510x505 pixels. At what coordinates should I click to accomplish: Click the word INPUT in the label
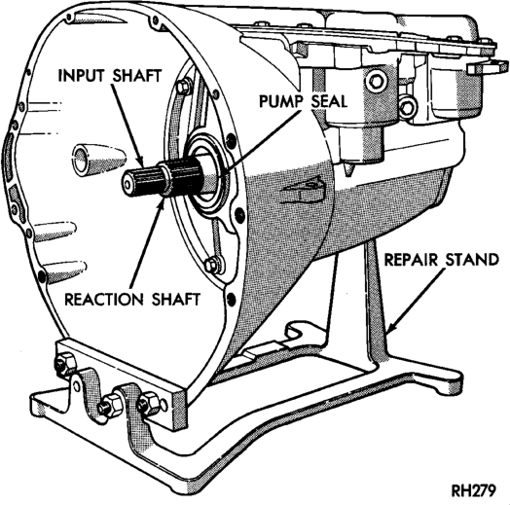point(82,76)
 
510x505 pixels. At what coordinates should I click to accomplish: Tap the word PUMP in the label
point(280,101)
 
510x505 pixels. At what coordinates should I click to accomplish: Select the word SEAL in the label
point(329,101)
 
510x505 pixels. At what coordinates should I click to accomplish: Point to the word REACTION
point(103,299)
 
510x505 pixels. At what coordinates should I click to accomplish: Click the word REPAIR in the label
point(412,260)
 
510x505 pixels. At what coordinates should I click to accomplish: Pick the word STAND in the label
point(472,260)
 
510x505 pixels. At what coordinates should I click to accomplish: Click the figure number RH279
point(474,490)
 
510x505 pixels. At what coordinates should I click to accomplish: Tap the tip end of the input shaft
point(127,184)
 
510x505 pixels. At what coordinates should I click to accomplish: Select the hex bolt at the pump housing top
point(183,88)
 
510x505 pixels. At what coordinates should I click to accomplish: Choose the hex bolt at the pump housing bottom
point(212,264)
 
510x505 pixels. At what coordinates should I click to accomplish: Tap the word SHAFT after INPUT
point(136,76)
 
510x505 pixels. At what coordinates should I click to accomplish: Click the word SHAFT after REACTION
point(175,299)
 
